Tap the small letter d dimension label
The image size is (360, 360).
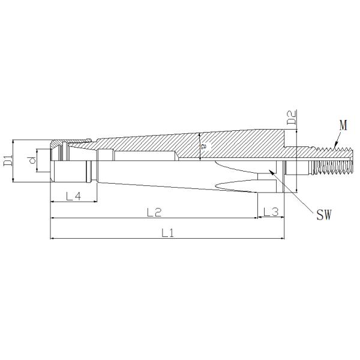[31, 160]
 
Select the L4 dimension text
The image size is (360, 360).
[73, 196]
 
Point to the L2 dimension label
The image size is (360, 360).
[154, 212]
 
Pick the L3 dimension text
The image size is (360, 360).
[270, 212]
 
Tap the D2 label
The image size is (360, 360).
[292, 118]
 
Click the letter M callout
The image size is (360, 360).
[343, 125]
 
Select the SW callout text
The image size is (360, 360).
[325, 214]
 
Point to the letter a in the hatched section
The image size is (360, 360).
[204, 146]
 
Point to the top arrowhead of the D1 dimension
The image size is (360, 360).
[13, 142]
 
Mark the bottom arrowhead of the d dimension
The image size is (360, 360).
[36, 172]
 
